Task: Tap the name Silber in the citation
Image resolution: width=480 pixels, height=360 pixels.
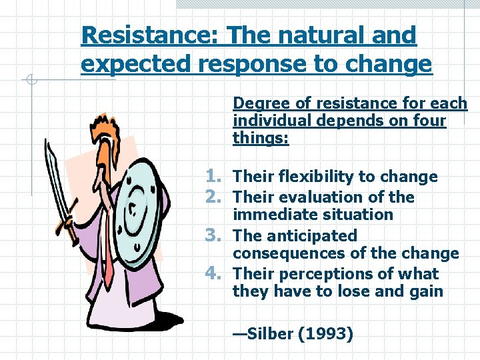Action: (x=271, y=334)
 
